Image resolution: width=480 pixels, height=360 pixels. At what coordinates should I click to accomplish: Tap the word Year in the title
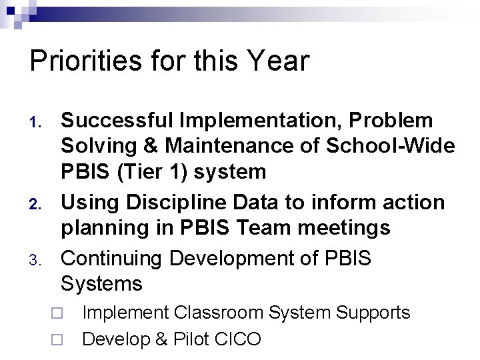coord(278,61)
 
